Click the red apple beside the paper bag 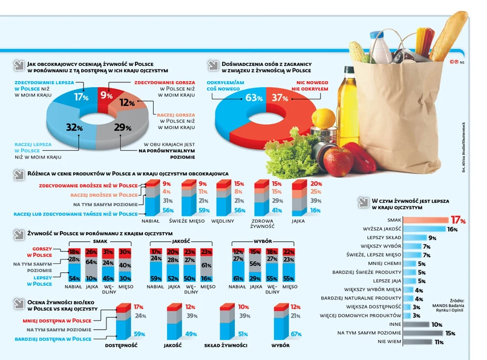(x=338, y=162)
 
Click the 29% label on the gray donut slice (x=123, y=127)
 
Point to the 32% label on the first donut (x=74, y=128)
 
